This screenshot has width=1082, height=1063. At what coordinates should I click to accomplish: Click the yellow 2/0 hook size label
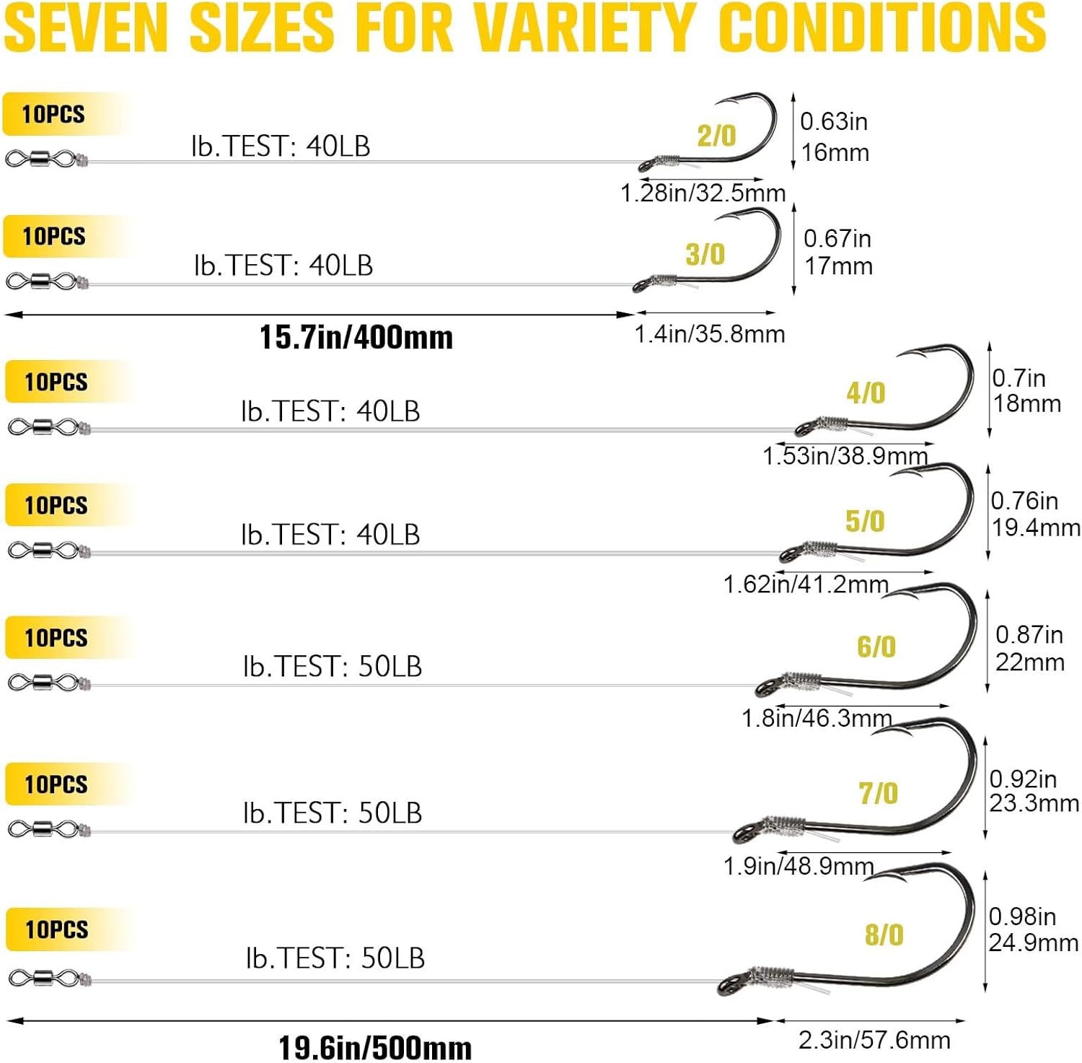[x=716, y=136]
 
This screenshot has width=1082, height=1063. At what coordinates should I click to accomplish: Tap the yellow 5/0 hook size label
[x=864, y=521]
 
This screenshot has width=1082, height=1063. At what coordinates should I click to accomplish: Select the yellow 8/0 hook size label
[x=884, y=935]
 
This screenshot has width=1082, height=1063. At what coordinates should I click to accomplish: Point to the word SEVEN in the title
[x=86, y=27]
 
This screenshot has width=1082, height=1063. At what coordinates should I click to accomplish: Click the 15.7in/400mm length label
[x=356, y=337]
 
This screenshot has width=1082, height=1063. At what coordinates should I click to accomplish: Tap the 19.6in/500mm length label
[x=375, y=1047]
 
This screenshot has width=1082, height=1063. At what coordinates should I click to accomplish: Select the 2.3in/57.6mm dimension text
[x=874, y=1040]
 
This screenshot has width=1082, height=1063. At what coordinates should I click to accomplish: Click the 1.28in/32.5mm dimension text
[x=703, y=193]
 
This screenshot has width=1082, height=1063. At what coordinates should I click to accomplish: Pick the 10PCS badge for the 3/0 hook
[x=54, y=236]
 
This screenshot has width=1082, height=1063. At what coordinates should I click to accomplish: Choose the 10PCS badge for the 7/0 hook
[x=56, y=784]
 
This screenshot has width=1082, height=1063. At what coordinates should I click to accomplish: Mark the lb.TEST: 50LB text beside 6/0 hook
[x=332, y=666]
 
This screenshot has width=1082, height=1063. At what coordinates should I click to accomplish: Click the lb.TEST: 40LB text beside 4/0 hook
[x=330, y=411]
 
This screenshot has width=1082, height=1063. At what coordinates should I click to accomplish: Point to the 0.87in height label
[x=1029, y=634]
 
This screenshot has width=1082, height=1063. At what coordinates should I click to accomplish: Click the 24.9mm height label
[x=1033, y=942]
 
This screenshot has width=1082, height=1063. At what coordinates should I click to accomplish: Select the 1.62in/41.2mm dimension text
[x=806, y=584]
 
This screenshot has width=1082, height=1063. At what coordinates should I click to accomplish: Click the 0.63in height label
[x=833, y=121]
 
